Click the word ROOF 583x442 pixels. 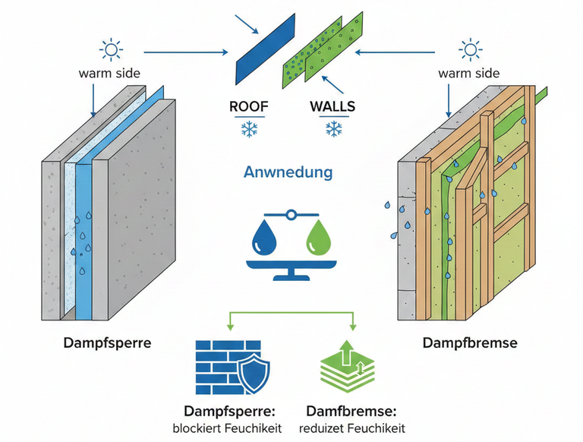click(x=249, y=106)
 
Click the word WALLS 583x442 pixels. click(x=332, y=106)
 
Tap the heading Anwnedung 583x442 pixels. click(x=288, y=172)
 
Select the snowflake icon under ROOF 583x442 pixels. click(x=248, y=129)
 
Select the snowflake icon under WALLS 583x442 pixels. click(x=332, y=129)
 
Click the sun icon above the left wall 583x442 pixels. click(x=112, y=51)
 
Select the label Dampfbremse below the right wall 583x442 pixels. click(x=469, y=343)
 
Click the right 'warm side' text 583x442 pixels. click(x=469, y=74)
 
